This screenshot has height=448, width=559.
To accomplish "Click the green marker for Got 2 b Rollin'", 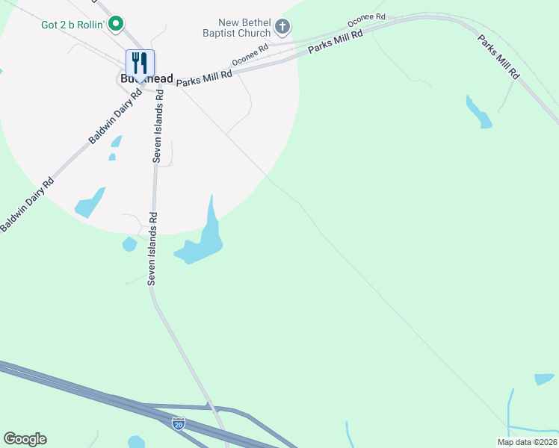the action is tap(115, 25).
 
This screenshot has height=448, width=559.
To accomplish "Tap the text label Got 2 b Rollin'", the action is tap(72, 25).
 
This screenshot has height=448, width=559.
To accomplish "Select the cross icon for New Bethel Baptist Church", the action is tap(282, 28).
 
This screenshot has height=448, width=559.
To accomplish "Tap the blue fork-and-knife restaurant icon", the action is tap(140, 63).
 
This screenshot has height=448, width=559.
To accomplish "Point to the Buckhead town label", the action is tap(146, 78).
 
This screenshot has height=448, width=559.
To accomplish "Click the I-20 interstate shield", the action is tap(178, 423).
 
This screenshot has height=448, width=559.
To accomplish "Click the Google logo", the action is tap(25, 439).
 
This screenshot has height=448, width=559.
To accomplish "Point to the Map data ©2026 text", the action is tap(526, 442).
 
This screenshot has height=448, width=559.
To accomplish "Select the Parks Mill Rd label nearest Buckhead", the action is tap(205, 75).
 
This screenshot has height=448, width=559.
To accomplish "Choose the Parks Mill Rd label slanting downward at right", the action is tap(499, 56).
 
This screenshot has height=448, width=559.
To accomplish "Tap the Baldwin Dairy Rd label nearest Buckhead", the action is tap(115, 117).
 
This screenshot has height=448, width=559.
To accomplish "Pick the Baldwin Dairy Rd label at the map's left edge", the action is tap(27, 204).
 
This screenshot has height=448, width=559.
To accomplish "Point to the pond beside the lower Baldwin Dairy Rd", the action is tap(89, 202).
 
